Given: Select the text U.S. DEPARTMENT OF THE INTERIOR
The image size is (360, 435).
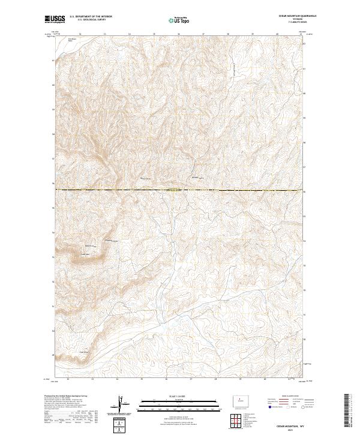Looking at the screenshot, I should [x=91, y=16].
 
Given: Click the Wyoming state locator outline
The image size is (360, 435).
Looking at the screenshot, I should [x=239, y=398].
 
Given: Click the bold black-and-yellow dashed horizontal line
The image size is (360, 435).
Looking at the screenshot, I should [x=180, y=190].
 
